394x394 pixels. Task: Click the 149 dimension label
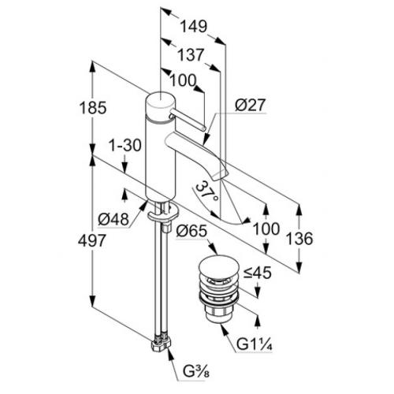[x=194, y=27]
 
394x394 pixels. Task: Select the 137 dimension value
[x=191, y=55]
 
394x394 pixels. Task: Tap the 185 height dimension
[x=93, y=108]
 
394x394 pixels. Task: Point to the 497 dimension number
[x=92, y=240]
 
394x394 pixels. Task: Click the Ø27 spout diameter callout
[x=251, y=105]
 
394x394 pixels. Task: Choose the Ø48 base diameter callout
[x=113, y=219]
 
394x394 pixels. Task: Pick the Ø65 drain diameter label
[x=191, y=232]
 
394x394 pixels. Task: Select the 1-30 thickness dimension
[x=125, y=145]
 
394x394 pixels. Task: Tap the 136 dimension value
[x=299, y=239]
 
